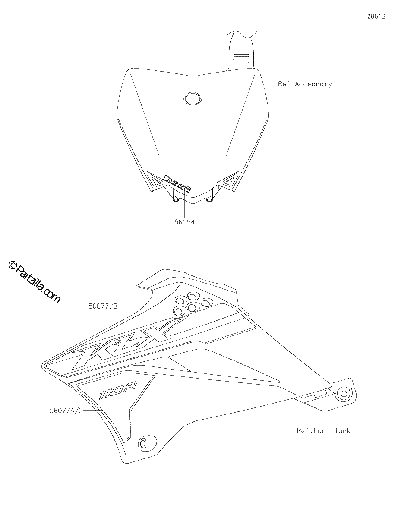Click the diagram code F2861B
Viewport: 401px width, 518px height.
click(x=374, y=16)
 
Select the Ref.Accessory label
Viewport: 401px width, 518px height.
click(x=305, y=84)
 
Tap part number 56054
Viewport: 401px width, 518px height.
click(x=184, y=222)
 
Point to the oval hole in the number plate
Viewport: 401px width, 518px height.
click(x=193, y=97)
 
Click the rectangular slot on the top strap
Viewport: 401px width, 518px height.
click(x=241, y=59)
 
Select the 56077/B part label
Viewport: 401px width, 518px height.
click(x=103, y=306)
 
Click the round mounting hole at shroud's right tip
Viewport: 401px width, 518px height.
click(x=343, y=394)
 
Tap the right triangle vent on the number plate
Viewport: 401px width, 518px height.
click(x=229, y=182)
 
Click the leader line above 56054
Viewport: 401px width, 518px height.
click(x=184, y=205)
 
